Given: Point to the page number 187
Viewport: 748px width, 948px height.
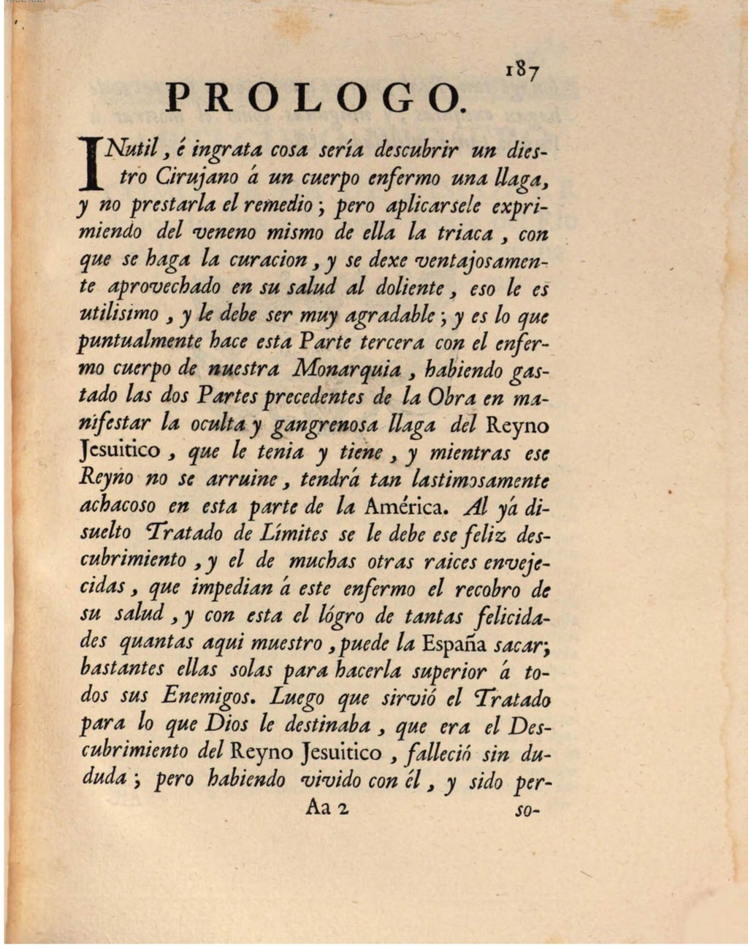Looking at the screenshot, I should pos(522,70).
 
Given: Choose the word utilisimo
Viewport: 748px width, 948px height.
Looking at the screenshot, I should pos(118,316).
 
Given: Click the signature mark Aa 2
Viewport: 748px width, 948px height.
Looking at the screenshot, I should pos(329,808).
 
